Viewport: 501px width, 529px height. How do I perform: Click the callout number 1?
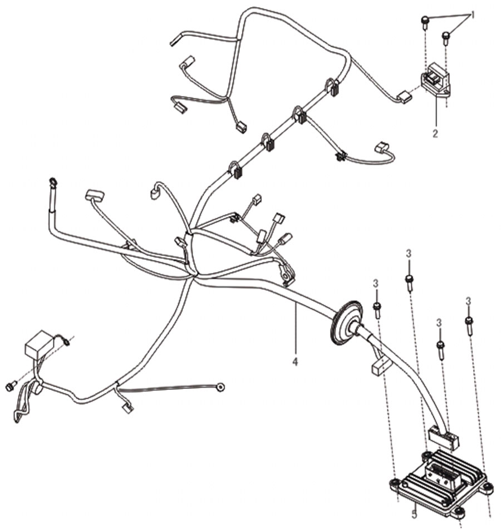[473, 15]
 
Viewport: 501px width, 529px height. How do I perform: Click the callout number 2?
[435, 134]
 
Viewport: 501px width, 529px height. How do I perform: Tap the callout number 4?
[296, 362]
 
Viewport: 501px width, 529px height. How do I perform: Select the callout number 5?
[415, 515]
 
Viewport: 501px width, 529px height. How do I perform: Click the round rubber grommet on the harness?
[346, 323]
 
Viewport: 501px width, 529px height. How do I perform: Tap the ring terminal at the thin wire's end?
[221, 387]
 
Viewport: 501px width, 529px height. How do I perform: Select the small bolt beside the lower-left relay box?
[11, 386]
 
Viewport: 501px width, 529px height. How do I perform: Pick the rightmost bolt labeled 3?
[469, 325]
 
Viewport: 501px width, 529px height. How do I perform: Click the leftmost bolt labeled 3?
[377, 310]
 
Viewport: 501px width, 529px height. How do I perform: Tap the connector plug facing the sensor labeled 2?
[405, 97]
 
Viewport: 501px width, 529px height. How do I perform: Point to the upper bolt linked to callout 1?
[425, 21]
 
